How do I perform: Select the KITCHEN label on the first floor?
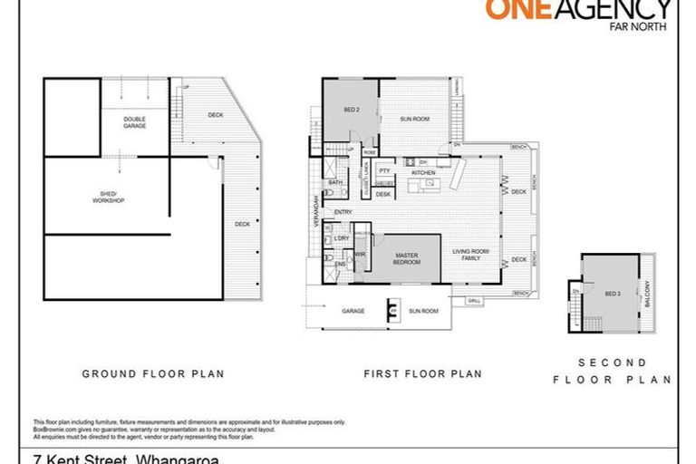423,172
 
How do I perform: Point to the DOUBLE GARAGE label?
135,122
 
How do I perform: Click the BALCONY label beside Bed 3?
646,293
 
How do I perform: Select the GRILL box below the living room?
474,300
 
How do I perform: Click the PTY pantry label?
384,170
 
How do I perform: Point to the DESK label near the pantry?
383,194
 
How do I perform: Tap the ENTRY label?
343,212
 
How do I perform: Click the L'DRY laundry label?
341,238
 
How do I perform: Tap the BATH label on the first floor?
334,182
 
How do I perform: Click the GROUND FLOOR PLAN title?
153,373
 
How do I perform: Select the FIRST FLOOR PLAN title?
422,373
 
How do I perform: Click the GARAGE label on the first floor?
353,311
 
